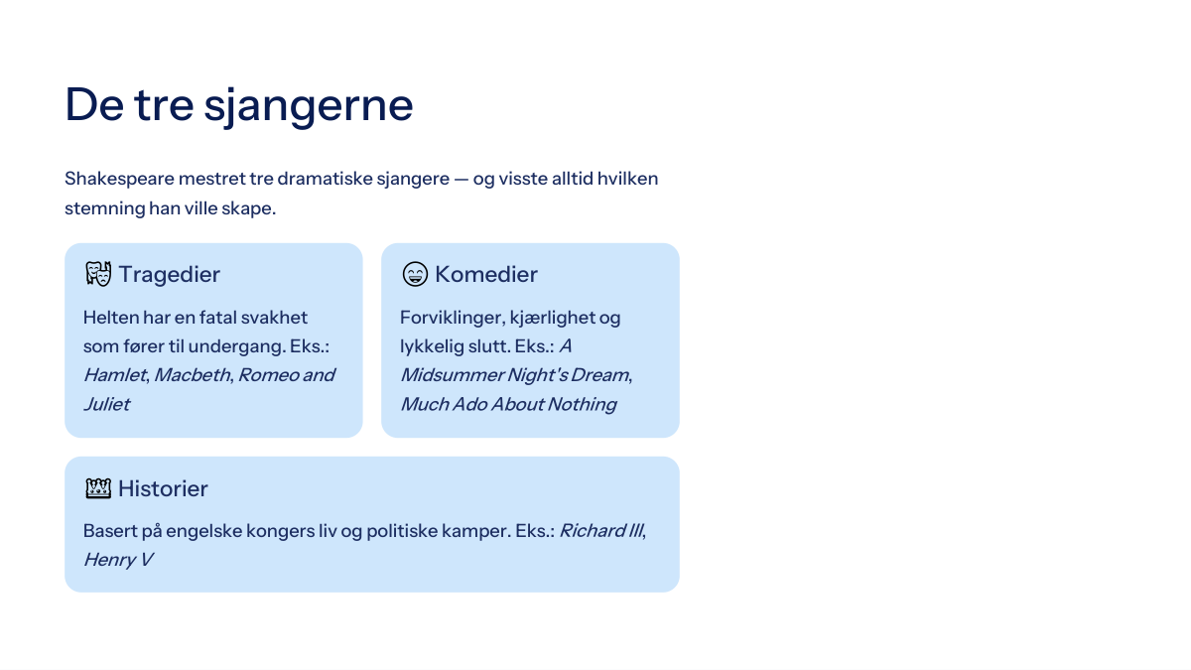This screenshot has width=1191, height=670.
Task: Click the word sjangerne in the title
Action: [309, 106]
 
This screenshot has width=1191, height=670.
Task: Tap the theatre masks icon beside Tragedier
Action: [98, 274]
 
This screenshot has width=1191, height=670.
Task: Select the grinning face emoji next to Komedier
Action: [415, 274]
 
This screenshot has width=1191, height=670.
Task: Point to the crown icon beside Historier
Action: [98, 488]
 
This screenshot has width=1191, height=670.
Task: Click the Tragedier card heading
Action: [169, 274]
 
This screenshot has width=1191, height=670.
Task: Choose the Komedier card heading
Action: [486, 274]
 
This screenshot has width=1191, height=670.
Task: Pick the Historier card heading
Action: [163, 488]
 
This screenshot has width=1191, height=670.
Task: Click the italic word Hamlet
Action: [115, 375]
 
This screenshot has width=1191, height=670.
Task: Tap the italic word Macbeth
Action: [193, 375]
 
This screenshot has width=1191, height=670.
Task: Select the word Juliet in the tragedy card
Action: [106, 404]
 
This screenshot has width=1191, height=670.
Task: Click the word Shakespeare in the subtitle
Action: [120, 180]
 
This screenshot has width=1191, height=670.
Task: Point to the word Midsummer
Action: [451, 375]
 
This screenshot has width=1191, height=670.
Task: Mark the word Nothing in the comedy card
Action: [583, 404]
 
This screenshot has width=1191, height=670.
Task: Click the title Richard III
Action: [601, 531]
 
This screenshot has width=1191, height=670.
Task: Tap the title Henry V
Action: [118, 560]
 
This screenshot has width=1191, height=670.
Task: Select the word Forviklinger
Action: [452, 318]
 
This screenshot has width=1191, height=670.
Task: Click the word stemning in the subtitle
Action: [105, 208]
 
